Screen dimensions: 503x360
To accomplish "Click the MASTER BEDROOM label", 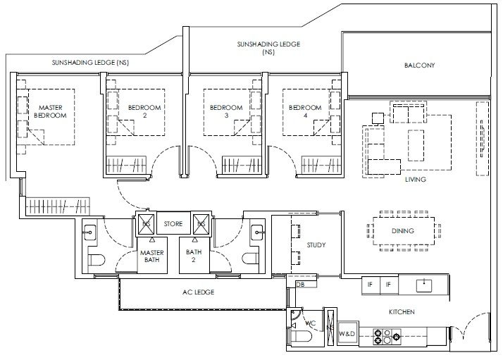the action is [50, 111].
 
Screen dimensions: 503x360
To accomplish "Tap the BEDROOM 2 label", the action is [144, 111].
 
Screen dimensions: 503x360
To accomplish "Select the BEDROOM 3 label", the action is [226, 111].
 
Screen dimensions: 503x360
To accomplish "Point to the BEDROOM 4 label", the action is [305, 111].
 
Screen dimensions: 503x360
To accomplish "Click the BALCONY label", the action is [419, 66].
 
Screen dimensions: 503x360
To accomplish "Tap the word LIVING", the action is [416, 180].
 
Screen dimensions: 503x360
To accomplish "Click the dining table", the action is [404, 231].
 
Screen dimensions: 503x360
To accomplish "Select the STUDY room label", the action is [316, 245].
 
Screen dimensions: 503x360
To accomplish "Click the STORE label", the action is [173, 223].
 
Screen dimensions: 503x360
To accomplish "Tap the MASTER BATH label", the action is [152, 256].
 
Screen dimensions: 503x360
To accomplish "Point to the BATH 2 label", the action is [194, 256].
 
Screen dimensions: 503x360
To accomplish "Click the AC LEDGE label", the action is [198, 292].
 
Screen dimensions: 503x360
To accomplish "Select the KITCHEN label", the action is [402, 312].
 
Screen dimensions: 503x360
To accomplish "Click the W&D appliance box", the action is [347, 334].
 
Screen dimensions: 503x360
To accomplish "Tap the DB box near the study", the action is [301, 284].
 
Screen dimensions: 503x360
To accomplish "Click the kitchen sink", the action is [424, 285].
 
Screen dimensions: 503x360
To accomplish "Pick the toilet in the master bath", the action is [97, 259].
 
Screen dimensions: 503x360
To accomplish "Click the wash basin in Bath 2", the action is [257, 232].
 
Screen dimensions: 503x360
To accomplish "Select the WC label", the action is [310, 323].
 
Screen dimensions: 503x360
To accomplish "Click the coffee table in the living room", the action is [416, 145].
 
